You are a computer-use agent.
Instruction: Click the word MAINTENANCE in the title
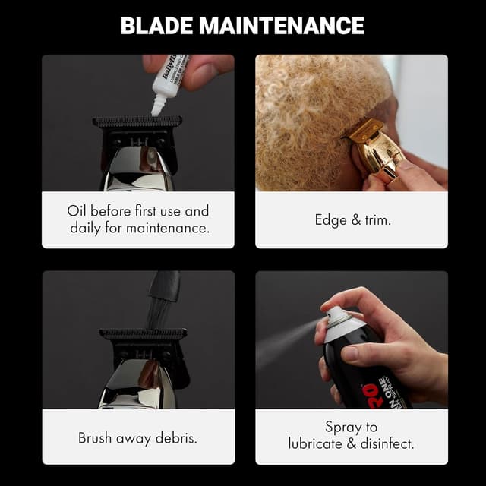pyautogui.click(x=282, y=26)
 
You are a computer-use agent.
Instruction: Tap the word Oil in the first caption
pyautogui.click(x=77, y=210)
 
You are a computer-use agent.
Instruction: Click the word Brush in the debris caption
pyautogui.click(x=96, y=438)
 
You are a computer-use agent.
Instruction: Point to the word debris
pyautogui.click(x=175, y=438)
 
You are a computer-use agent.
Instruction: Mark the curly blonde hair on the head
pyautogui.click(x=304, y=114)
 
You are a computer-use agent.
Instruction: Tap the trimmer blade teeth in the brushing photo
pyautogui.click(x=143, y=333)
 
